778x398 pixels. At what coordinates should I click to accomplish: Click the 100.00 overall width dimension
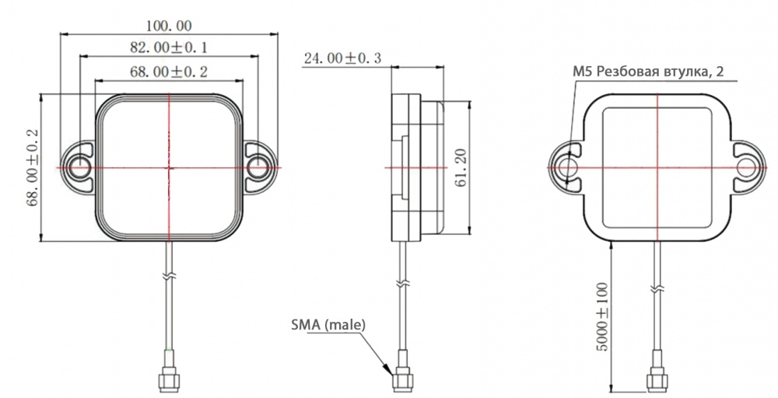click(x=168, y=26)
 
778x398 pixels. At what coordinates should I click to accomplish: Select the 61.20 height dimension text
click(x=461, y=168)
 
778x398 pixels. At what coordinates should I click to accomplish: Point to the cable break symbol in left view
click(x=168, y=277)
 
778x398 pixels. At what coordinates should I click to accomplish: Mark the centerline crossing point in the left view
click(x=168, y=168)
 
